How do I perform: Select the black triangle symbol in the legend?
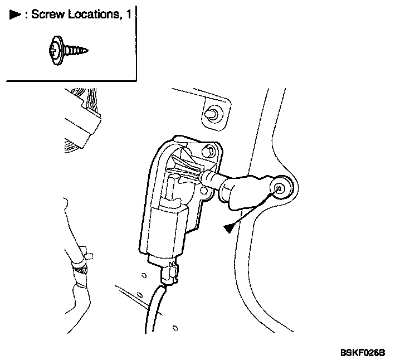(x=14, y=15)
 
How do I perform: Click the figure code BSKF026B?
(x=363, y=353)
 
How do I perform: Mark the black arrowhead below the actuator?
(x=229, y=228)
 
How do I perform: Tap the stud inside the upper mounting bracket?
(x=213, y=114)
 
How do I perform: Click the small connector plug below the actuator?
(x=169, y=274)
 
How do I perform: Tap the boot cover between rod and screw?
(x=245, y=189)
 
